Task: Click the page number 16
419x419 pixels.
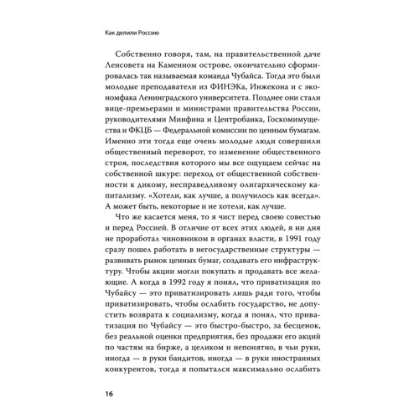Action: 108,393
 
